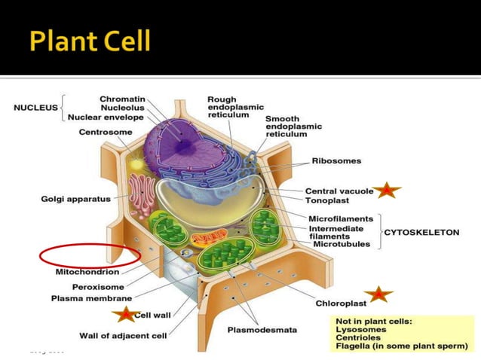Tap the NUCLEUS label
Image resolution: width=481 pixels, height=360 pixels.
[x=35, y=108]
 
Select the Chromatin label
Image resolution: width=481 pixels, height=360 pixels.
[x=123, y=99]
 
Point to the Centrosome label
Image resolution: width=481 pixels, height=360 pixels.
[x=106, y=133]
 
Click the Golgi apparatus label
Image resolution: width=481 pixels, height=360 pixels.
[x=75, y=199]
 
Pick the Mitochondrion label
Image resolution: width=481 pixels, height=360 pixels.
[x=87, y=272]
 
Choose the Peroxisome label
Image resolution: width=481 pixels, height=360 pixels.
[x=98, y=287]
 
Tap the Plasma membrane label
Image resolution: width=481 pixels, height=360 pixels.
[x=91, y=298]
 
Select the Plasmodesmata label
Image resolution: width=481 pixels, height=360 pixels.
[x=262, y=329]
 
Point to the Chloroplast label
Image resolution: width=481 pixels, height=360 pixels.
[x=341, y=304]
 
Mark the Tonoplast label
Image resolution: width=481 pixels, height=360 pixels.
[x=327, y=200]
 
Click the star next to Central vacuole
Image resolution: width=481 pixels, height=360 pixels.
[x=388, y=191]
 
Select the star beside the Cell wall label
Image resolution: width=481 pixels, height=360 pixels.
[x=123, y=314]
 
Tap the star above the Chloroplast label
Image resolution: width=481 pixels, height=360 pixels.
[x=378, y=293]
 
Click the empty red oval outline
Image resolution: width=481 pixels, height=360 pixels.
[x=90, y=254]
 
